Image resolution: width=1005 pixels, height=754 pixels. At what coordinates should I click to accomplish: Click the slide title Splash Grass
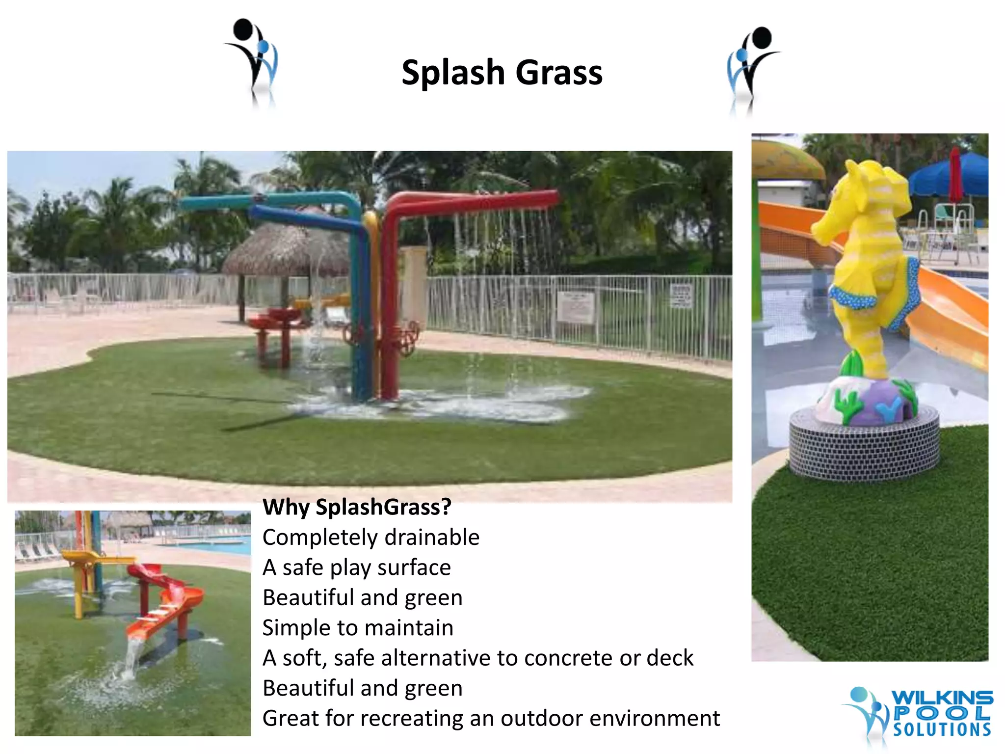502,73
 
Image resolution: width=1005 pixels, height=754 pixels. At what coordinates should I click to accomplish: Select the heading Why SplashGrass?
357,507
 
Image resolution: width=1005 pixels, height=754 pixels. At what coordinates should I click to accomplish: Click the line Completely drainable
370,538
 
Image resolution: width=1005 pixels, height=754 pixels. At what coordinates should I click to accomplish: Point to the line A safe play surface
356,568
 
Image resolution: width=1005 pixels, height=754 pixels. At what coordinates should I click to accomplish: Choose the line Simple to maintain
358,628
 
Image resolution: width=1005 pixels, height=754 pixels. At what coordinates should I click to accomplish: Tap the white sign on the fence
575,307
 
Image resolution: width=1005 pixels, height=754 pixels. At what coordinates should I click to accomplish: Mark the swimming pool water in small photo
216,546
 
